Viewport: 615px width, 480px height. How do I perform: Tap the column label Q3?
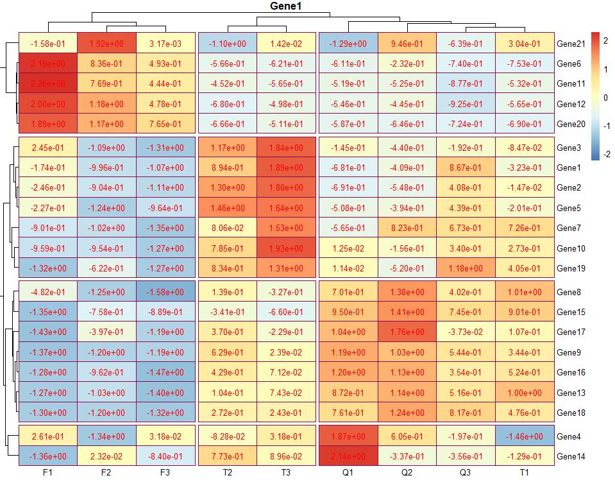[x=465, y=473]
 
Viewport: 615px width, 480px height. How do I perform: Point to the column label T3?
[x=286, y=473]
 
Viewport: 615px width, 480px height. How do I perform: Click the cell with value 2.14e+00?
[x=348, y=456]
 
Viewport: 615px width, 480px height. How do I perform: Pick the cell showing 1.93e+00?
[x=286, y=248]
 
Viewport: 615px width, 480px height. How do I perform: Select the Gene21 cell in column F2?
[x=106, y=44]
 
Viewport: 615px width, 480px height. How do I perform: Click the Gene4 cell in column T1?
[x=525, y=436]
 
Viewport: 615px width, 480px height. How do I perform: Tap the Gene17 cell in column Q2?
[x=407, y=332]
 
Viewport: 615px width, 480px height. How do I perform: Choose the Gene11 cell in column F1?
[x=47, y=83]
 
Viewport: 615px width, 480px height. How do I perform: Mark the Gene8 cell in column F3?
[x=165, y=292]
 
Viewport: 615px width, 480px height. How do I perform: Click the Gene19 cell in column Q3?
[x=465, y=268]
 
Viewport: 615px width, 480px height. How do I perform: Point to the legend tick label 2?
[x=605, y=39]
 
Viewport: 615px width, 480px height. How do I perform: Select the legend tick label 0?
[x=605, y=97]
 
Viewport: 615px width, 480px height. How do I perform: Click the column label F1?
[x=47, y=473]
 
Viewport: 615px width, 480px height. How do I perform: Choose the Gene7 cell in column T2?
[x=227, y=228]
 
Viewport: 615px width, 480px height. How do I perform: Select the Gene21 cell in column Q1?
[x=348, y=44]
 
